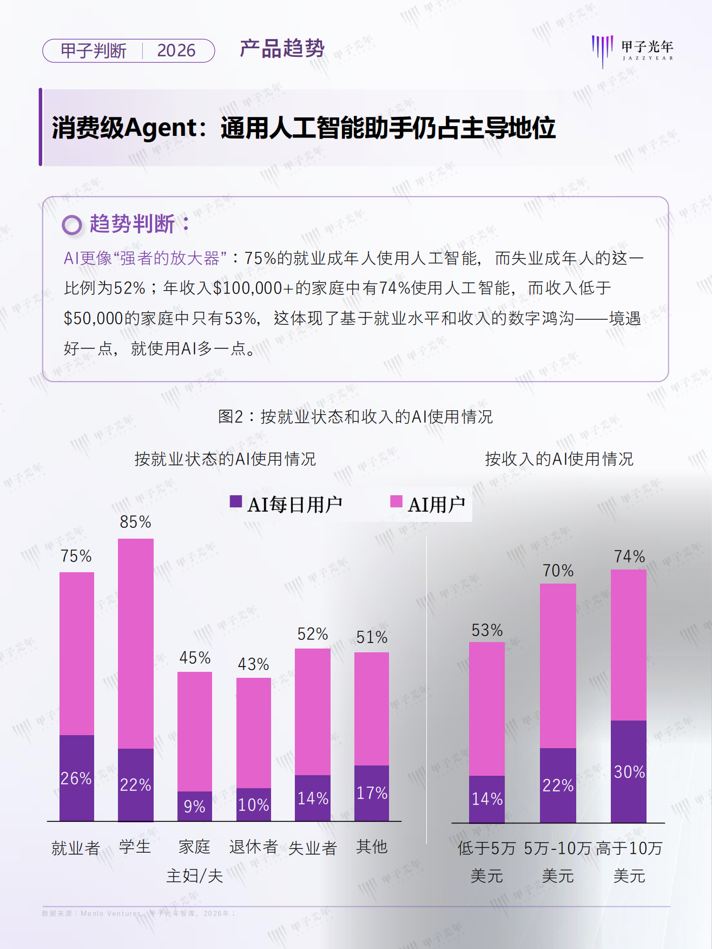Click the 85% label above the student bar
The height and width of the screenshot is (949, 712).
(x=135, y=522)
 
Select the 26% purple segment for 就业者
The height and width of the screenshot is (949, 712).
(x=76, y=778)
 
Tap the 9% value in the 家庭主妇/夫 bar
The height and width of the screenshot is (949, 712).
(x=194, y=806)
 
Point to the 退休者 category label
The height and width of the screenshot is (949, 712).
(x=253, y=847)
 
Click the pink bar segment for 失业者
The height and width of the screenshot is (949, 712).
(x=313, y=711)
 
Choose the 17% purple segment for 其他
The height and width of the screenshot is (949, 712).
(x=372, y=793)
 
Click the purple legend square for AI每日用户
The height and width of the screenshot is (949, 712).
(x=236, y=501)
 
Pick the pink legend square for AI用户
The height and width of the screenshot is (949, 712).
(x=397, y=501)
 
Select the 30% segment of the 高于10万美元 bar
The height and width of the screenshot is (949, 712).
(x=629, y=771)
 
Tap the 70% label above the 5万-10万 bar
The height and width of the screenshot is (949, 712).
(x=558, y=571)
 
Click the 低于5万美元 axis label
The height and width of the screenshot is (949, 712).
(x=486, y=861)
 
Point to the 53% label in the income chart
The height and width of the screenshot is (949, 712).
(x=487, y=630)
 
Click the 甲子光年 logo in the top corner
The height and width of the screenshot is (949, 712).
(x=632, y=50)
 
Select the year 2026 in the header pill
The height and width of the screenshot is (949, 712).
(x=176, y=50)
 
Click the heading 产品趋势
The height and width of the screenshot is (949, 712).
(x=282, y=49)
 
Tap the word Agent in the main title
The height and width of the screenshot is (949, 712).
(x=160, y=128)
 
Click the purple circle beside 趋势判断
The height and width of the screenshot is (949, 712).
(x=72, y=225)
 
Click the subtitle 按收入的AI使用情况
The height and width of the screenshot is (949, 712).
(x=559, y=459)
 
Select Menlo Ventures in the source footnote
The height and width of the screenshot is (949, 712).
(x=111, y=913)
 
